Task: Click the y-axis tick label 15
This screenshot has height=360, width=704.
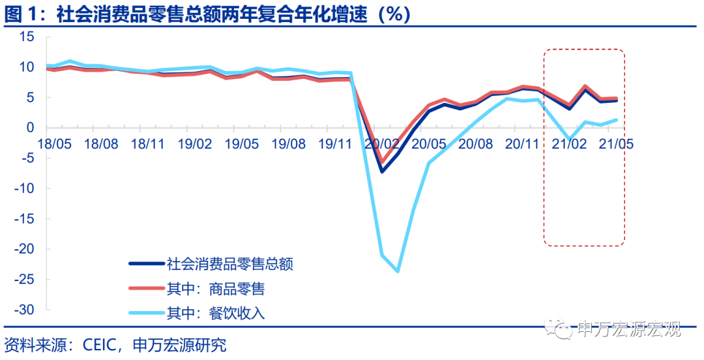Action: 26,37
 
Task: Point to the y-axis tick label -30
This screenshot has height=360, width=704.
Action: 23,310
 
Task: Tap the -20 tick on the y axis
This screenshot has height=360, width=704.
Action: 23,249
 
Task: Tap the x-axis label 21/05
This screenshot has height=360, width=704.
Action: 617,143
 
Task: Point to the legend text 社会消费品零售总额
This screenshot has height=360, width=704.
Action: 231,264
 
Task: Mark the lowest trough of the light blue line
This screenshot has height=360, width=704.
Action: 398,271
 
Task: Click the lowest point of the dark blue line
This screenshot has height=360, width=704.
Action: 382,172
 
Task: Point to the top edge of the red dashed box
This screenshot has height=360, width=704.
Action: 584,50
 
